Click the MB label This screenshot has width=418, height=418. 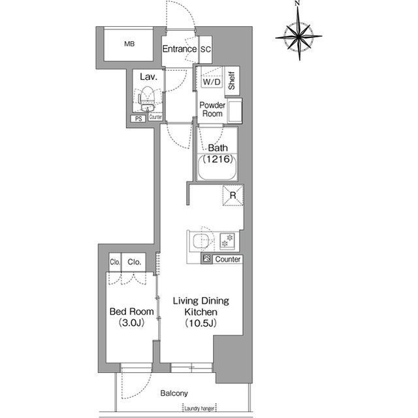click(x=129, y=44)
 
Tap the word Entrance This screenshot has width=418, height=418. click(x=180, y=49)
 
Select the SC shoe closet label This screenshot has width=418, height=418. click(x=206, y=49)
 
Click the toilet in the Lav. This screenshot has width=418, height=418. click(x=147, y=97)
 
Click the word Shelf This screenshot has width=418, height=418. click(x=232, y=80)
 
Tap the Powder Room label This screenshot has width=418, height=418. click(x=212, y=109)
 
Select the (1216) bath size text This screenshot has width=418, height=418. click(x=218, y=159)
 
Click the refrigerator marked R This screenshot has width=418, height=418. click(x=233, y=196)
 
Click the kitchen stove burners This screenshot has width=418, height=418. click(x=227, y=240)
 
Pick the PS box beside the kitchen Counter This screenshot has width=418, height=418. click(x=206, y=258)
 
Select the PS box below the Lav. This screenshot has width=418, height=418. click(x=138, y=119)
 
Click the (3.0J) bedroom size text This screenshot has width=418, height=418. click(x=132, y=323)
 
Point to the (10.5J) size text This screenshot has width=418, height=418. click(x=201, y=323)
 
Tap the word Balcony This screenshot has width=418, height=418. click(x=174, y=393)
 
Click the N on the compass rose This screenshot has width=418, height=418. click(x=297, y=3)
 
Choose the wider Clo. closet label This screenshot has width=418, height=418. click(x=134, y=262)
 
